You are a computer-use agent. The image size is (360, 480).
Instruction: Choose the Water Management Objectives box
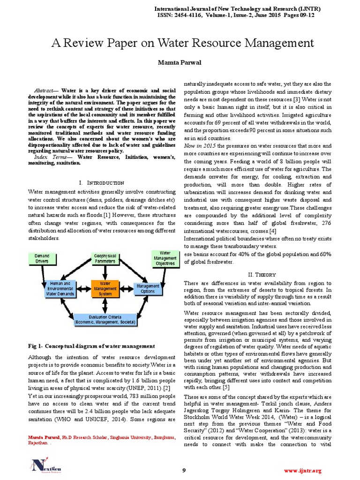(x=165, y=258)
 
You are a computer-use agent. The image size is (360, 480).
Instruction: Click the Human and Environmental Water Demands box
(x=60, y=289)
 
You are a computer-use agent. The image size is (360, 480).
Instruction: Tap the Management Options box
(x=148, y=289)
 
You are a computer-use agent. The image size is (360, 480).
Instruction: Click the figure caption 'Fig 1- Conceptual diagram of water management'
(x=91, y=346)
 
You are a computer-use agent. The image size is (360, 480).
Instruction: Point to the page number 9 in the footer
(x=184, y=457)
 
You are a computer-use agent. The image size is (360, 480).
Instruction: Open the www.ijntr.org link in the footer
(x=303, y=457)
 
